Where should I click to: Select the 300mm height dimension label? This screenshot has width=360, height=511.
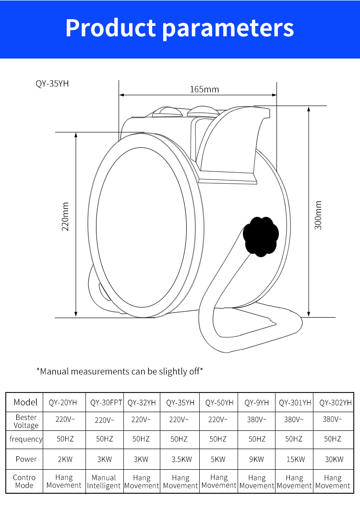(318, 215)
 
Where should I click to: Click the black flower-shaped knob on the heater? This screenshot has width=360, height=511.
(261, 237)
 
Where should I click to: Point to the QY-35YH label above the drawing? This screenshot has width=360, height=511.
(52, 83)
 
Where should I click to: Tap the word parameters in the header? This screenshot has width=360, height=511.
(228, 28)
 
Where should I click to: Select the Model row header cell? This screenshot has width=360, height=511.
(25, 402)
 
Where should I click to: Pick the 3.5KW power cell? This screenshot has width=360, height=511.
(181, 459)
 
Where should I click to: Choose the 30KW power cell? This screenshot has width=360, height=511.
(333, 459)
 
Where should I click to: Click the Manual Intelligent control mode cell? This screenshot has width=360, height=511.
(104, 482)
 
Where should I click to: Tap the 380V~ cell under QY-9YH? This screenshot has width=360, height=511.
(257, 419)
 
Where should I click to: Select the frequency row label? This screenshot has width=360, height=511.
(26, 439)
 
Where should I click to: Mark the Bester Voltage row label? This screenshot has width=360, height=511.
(26, 421)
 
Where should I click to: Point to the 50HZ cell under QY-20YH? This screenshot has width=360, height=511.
(65, 439)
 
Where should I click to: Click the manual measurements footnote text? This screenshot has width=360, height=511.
(120, 371)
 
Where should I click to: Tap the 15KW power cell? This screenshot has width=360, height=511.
(295, 459)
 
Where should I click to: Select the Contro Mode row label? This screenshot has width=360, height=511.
(24, 481)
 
